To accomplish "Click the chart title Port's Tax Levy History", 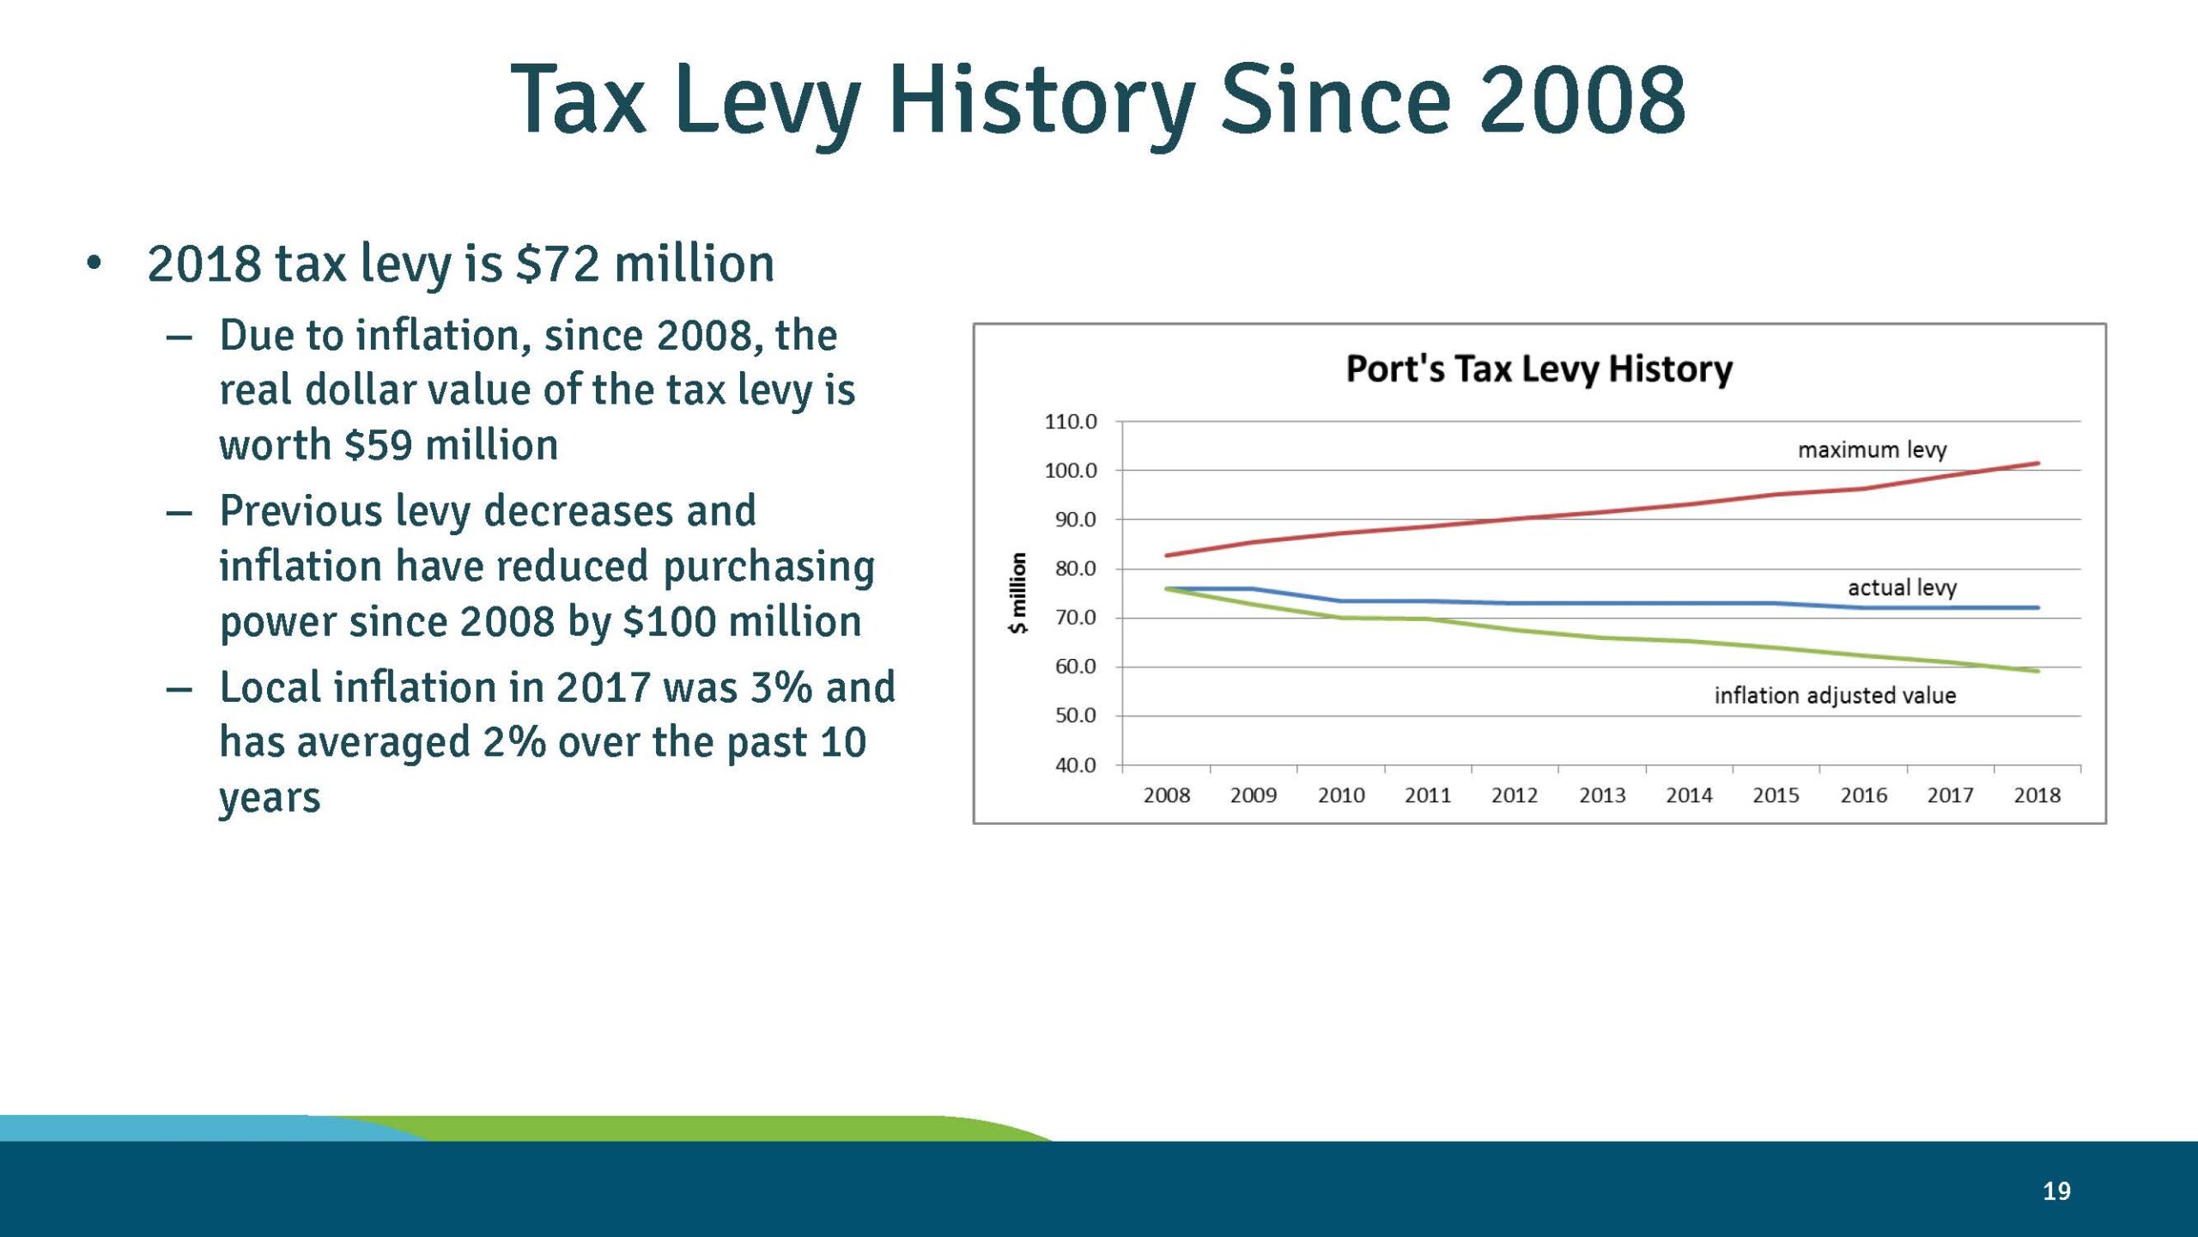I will pyautogui.click(x=1539, y=369).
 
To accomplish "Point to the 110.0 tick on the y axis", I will pyautogui.click(x=1070, y=422).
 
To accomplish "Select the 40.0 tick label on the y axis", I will pyautogui.click(x=1075, y=765).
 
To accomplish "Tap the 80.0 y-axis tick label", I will pyautogui.click(x=1075, y=569).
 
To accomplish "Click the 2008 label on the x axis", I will pyautogui.click(x=1166, y=795).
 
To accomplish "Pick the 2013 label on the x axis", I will pyautogui.click(x=1601, y=795).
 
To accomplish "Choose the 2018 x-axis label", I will pyautogui.click(x=2037, y=795).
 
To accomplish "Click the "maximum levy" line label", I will pyautogui.click(x=1872, y=450).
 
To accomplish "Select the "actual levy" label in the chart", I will pyautogui.click(x=1902, y=588).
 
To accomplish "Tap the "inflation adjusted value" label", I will pyautogui.click(x=1835, y=695).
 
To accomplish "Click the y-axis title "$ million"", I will pyautogui.click(x=1017, y=593).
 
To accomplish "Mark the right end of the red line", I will pyautogui.click(x=2037, y=464).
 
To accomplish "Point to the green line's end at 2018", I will pyautogui.click(x=2037, y=671).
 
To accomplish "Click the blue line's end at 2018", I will pyautogui.click(x=2037, y=608).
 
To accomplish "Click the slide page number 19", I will pyautogui.click(x=2056, y=1191).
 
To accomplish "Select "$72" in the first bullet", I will pyautogui.click(x=556, y=264).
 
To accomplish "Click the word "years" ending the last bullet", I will pyautogui.click(x=270, y=799).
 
